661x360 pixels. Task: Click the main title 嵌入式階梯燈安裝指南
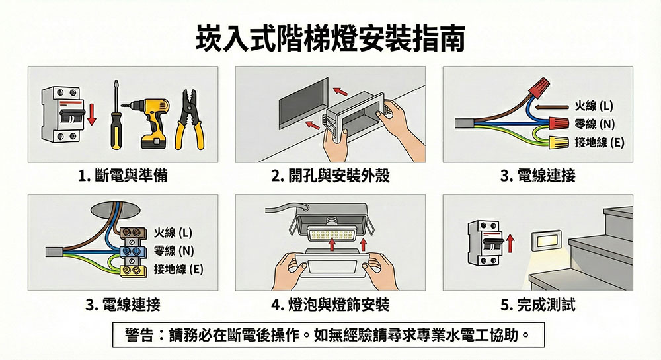pyautogui.click(x=330, y=39)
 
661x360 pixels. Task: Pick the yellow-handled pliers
pyautogui.click(x=189, y=120)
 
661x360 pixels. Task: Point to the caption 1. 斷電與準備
pyautogui.click(x=123, y=175)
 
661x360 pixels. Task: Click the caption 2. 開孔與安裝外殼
pyautogui.click(x=330, y=175)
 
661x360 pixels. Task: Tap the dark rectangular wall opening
pyautogui.click(x=303, y=104)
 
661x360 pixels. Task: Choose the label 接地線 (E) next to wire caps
pyautogui.click(x=600, y=143)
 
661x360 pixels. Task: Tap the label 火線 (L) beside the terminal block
pyautogui.click(x=173, y=233)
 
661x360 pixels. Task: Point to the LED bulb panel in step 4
pyautogui.click(x=330, y=235)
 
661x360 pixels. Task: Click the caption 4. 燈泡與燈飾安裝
pyautogui.click(x=330, y=305)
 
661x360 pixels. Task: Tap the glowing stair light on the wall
pyautogui.click(x=546, y=241)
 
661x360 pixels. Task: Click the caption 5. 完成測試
pyautogui.click(x=538, y=305)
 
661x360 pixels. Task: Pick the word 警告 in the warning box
pyautogui.click(x=139, y=335)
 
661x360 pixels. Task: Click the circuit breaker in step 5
pyautogui.click(x=485, y=243)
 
